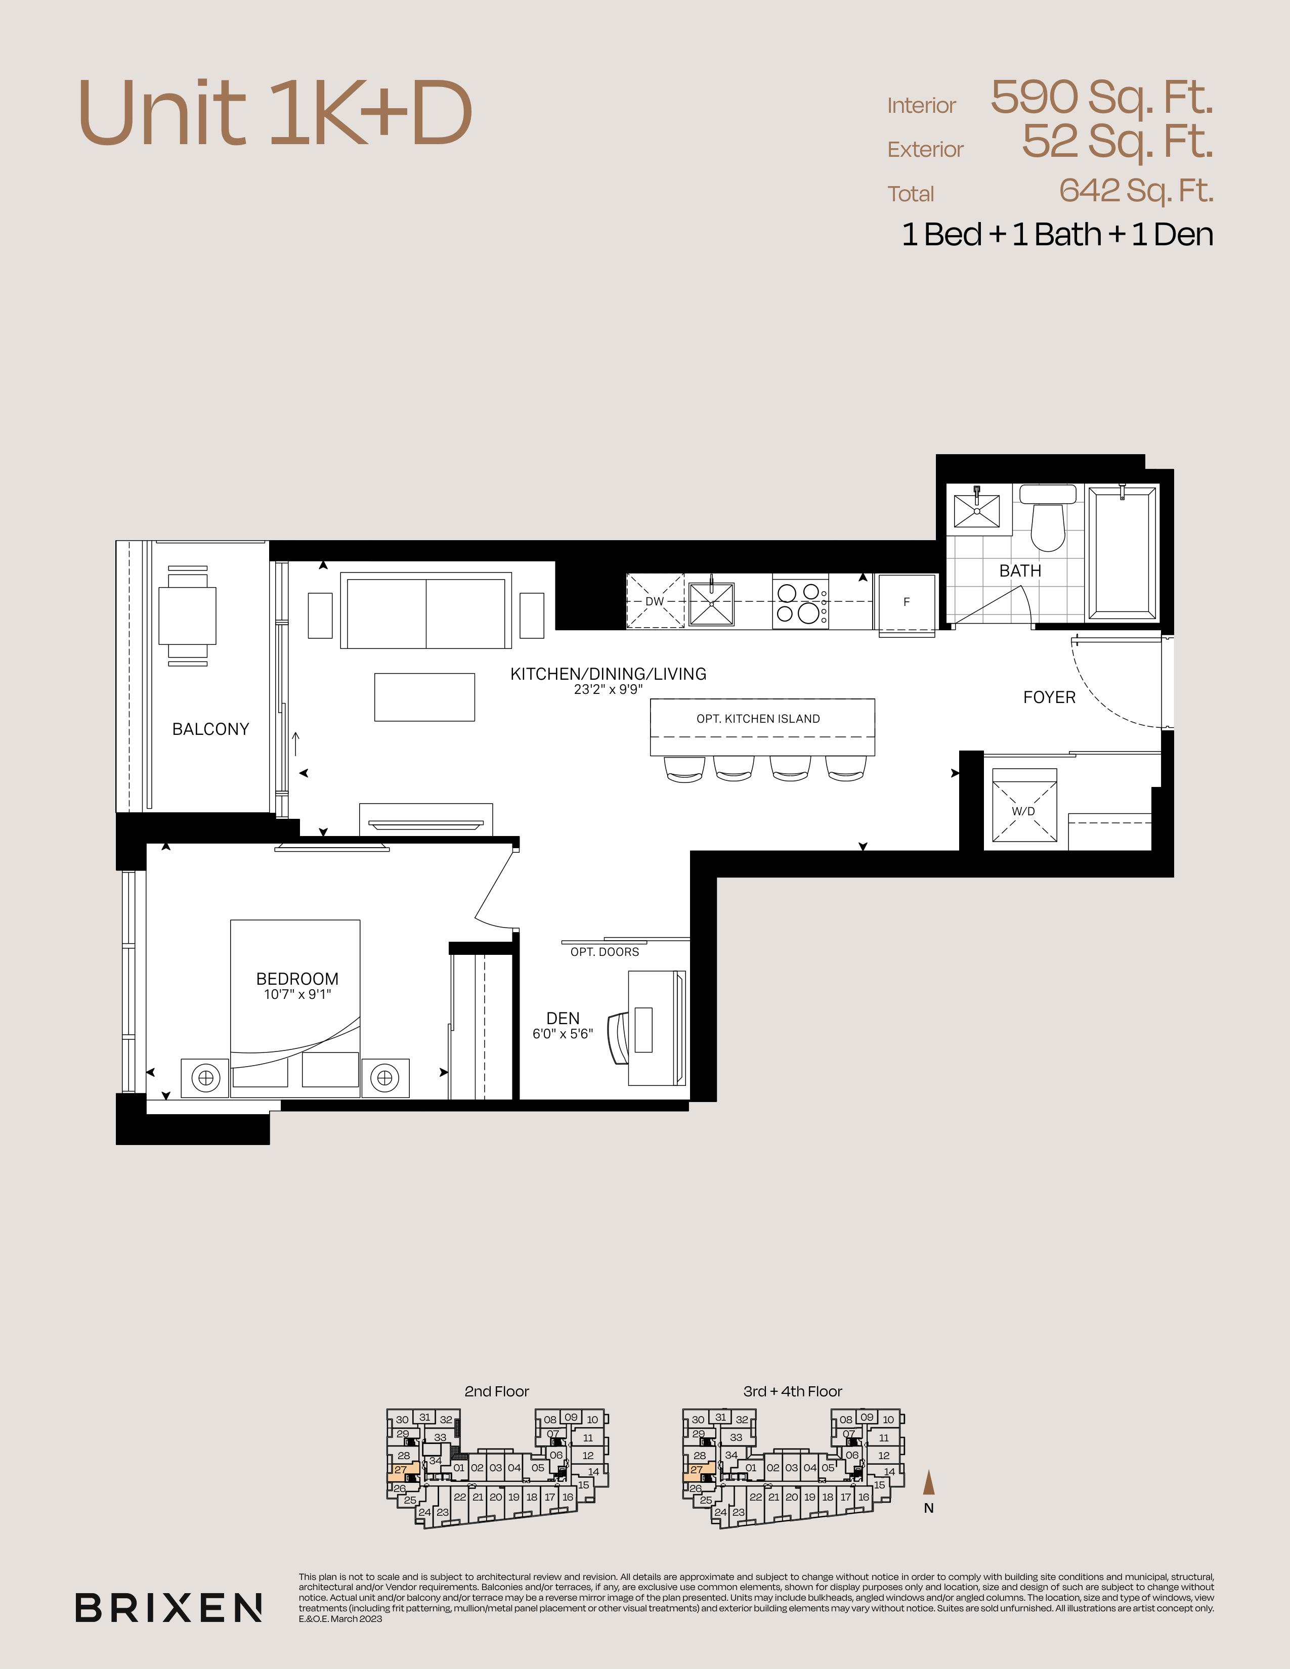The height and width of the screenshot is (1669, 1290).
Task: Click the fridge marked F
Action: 907,603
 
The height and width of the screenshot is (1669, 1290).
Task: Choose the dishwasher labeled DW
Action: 655,601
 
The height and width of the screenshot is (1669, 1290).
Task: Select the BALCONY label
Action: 211,729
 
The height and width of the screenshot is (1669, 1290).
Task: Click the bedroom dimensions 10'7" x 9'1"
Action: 297,995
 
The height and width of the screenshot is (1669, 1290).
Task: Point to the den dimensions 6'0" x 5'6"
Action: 563,1035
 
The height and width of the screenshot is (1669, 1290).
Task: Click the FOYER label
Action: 1049,697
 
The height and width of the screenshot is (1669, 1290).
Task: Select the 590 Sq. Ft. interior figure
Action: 1102,97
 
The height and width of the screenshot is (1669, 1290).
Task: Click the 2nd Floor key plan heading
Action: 497,1392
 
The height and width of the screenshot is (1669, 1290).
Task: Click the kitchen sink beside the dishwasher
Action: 711,604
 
